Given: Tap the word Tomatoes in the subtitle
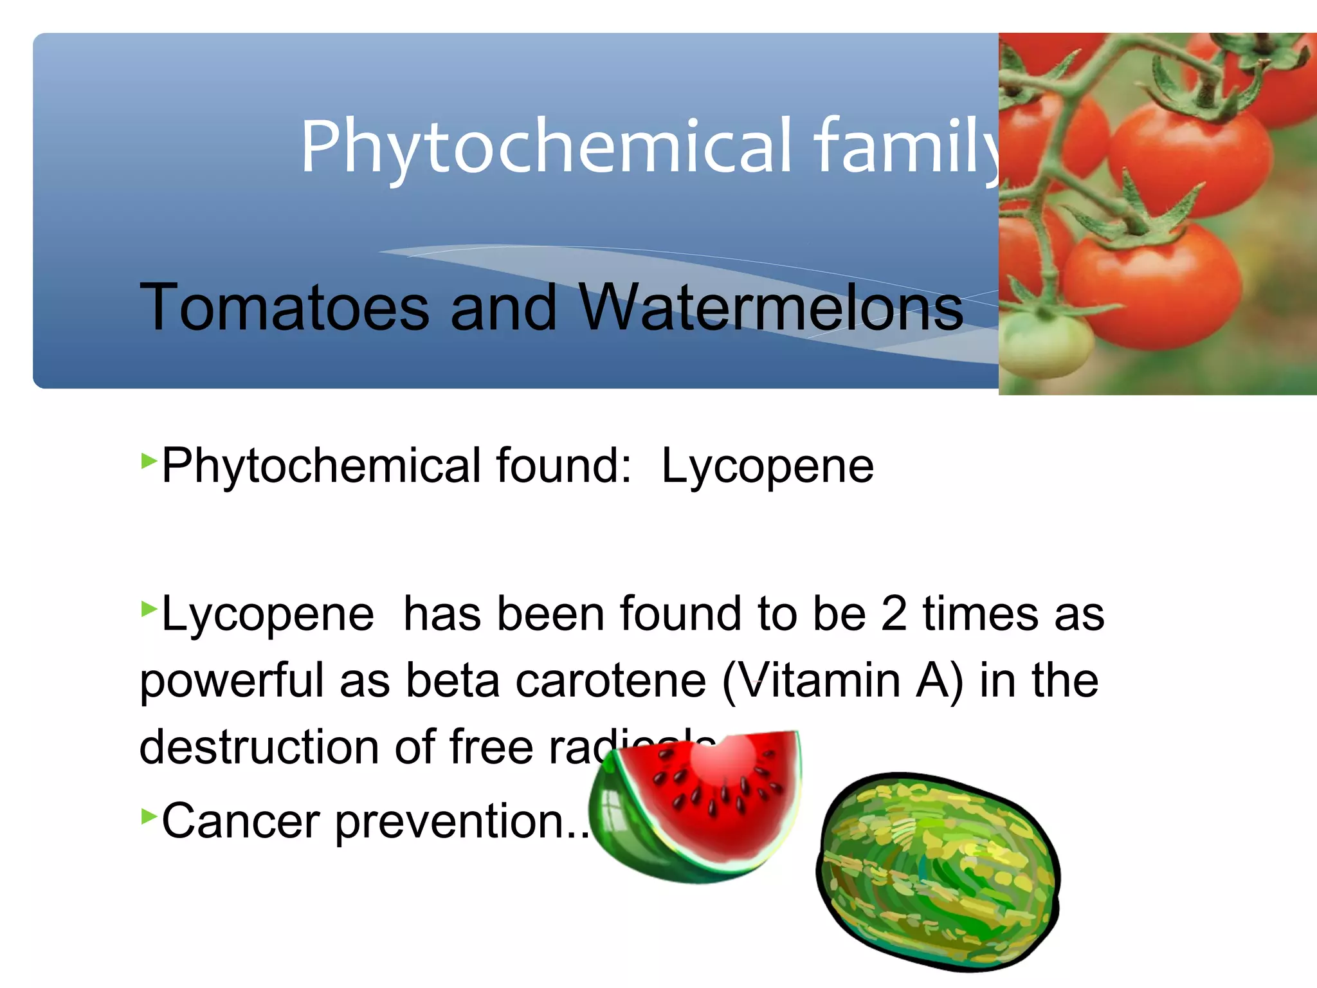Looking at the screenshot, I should coord(284,307).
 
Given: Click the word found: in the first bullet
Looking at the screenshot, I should coord(563,465).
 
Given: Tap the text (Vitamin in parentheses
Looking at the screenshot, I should coord(811,681).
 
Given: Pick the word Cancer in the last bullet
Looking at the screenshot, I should coord(241,821).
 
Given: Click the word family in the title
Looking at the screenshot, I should coord(907,147).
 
